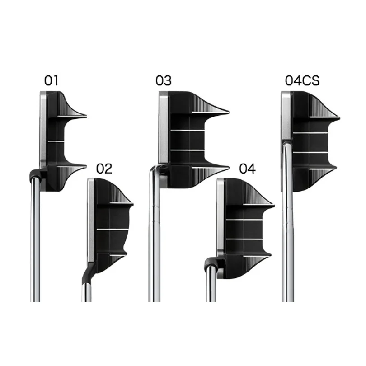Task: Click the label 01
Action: [x=52, y=80]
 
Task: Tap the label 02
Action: [x=104, y=169]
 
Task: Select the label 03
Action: [x=164, y=80]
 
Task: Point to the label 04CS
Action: [x=302, y=80]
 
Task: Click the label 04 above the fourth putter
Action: [x=248, y=169]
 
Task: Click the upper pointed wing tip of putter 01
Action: [x=86, y=115]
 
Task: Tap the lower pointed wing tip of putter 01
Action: [x=86, y=166]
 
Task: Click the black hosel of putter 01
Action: [x=36, y=175]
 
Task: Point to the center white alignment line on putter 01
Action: [x=56, y=141]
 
